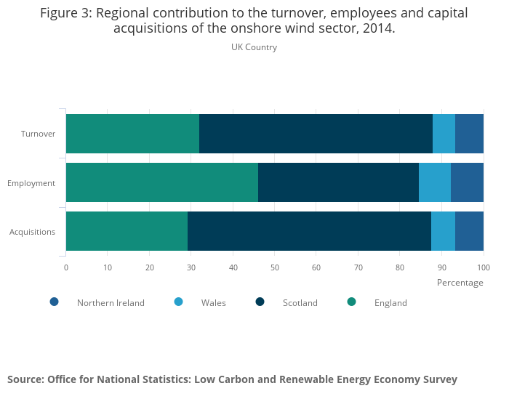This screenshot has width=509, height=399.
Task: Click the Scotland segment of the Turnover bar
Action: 316,134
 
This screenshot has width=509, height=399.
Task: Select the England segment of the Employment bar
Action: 162,182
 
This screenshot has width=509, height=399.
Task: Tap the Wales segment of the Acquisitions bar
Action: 443,231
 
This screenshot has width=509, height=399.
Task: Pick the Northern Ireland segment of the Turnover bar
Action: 469,134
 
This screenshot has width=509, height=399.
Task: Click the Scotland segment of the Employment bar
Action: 338,182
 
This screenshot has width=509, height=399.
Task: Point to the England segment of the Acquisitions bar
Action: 127,231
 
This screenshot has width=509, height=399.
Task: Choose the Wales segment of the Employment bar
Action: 435,182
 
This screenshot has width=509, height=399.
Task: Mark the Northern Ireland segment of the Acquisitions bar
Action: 469,231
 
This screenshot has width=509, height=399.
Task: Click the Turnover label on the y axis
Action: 38,134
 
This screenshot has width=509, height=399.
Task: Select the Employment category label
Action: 31,183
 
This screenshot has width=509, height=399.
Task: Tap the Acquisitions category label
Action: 32,232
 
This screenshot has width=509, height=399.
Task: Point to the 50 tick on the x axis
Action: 275,267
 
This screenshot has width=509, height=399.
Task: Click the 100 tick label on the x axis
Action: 484,267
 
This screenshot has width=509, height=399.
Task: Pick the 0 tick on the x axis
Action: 66,267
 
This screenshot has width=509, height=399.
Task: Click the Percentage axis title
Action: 460,283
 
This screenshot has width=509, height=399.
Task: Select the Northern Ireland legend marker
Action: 54,302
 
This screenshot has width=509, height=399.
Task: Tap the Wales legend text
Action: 213,303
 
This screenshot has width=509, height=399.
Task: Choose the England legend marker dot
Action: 351,302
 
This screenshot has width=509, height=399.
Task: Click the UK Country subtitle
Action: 254,47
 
